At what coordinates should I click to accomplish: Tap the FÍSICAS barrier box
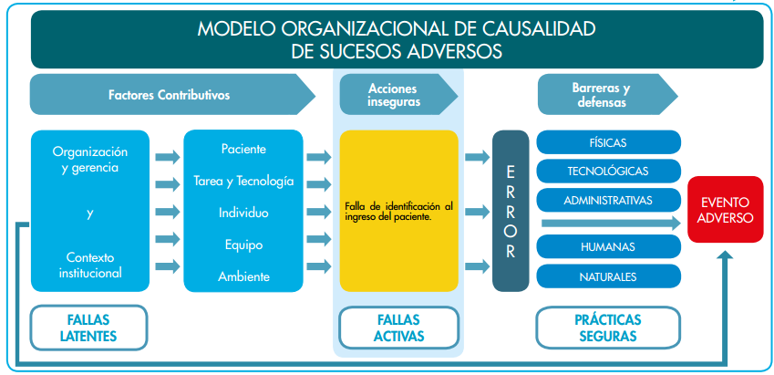coord(608,142)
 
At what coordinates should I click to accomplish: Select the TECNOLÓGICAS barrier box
coord(608,171)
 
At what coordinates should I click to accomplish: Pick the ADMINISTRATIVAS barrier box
coord(608,199)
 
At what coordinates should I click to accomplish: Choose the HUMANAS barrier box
coord(608,247)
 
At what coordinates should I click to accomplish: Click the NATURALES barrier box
coord(608,276)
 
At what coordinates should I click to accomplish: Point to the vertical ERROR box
coord(511,211)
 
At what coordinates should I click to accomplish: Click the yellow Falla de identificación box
coord(398,211)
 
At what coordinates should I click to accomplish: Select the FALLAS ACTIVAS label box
coord(398,328)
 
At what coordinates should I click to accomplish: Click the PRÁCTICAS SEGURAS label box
coord(608,328)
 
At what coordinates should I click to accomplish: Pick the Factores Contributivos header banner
coord(169,95)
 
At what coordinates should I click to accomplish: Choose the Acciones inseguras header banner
coord(394,95)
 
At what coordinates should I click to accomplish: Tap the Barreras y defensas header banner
coord(602,95)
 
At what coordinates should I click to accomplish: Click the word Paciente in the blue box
coord(243,149)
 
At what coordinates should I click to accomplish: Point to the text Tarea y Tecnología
coord(243,181)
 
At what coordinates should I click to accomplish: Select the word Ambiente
coord(243,276)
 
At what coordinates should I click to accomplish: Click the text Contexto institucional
coord(89,265)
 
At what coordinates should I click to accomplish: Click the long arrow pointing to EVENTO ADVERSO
coord(609,223)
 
